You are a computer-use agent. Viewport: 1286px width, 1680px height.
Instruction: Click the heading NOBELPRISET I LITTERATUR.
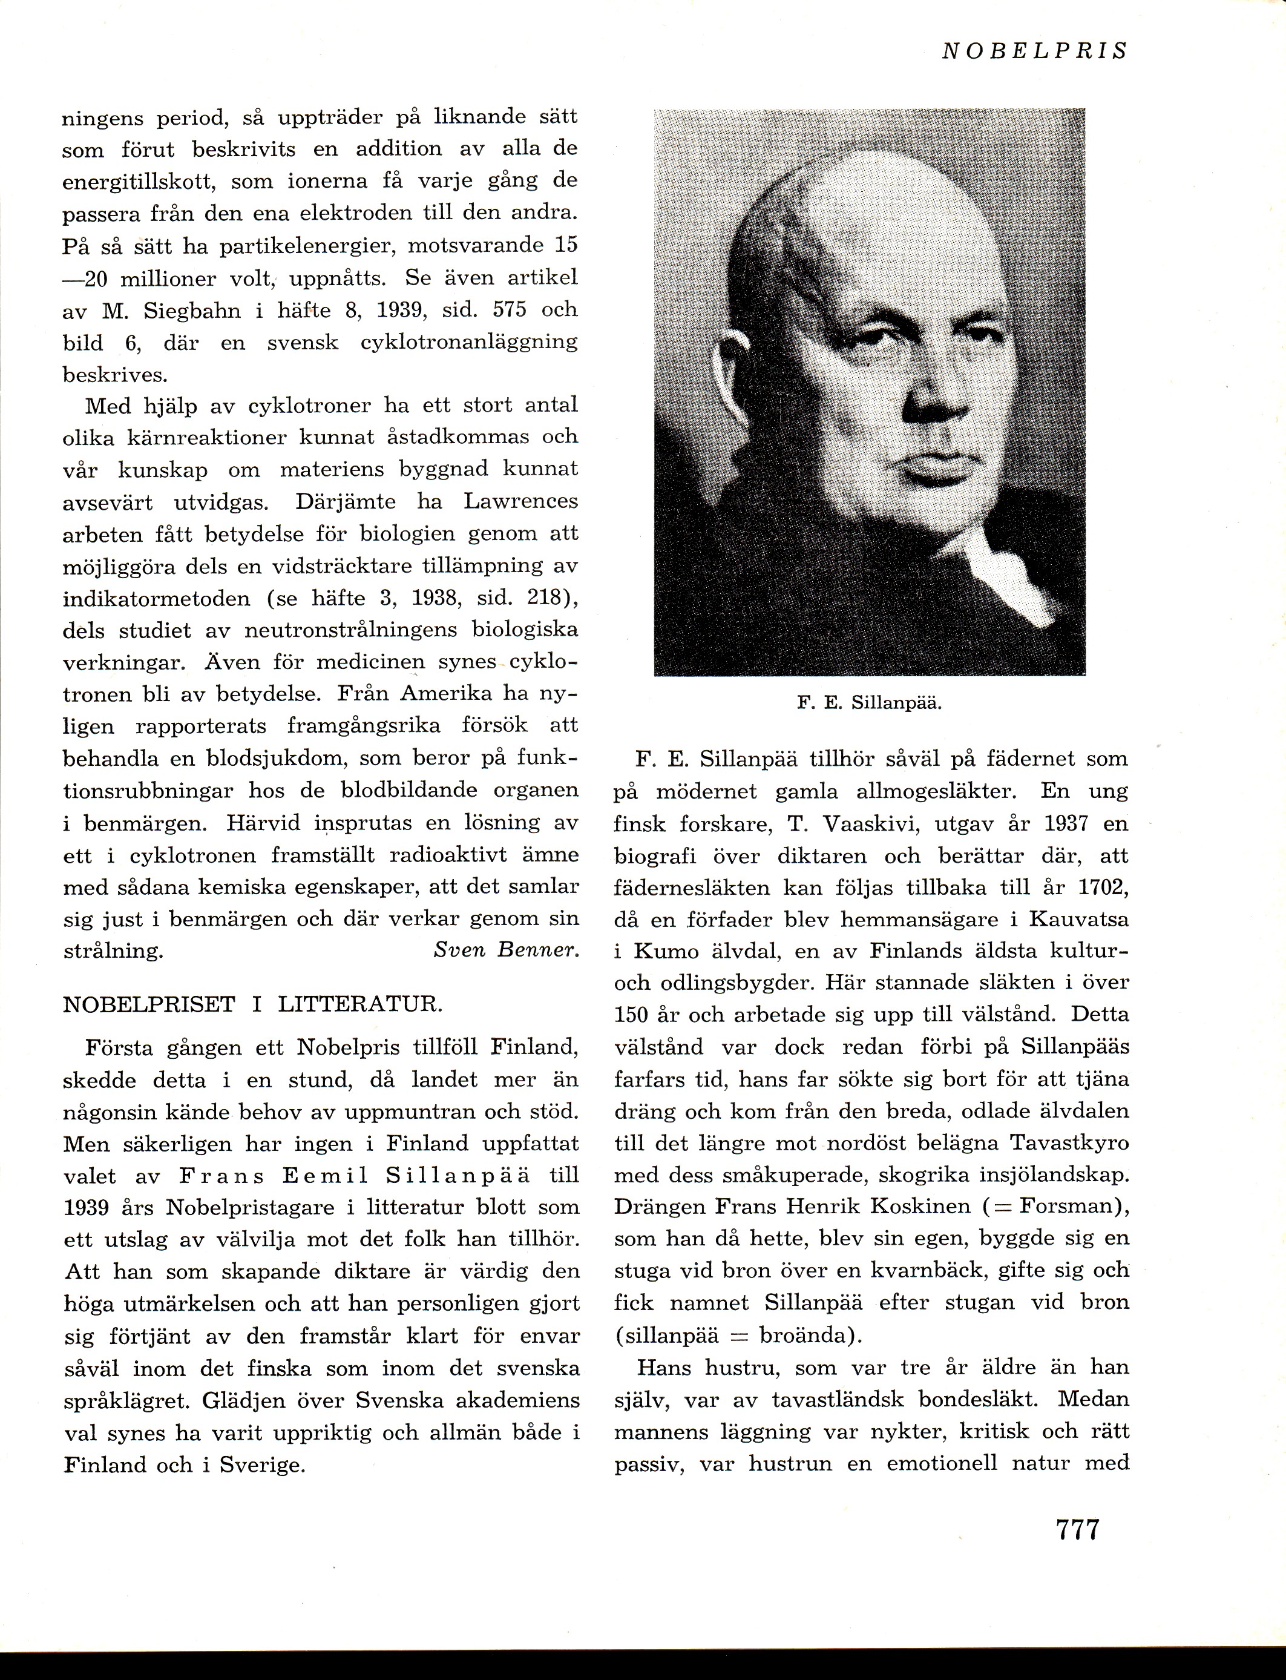pos(252,1004)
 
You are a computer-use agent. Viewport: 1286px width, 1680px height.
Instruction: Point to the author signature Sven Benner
pos(506,950)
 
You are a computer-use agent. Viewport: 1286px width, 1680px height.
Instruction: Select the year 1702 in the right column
pos(1102,888)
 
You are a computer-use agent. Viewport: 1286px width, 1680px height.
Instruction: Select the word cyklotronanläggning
pos(468,342)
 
